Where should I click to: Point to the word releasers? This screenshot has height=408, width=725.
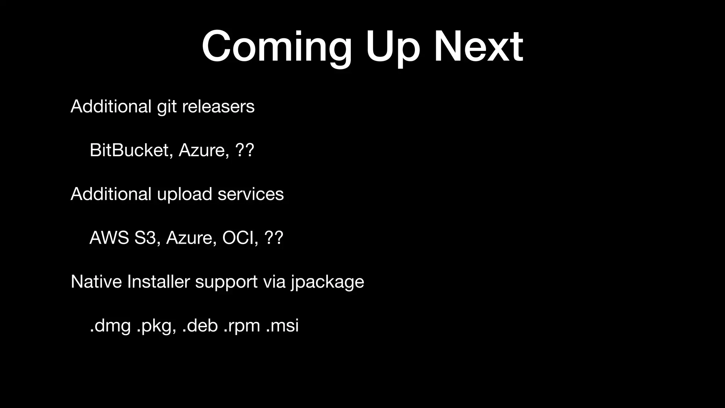pos(218,107)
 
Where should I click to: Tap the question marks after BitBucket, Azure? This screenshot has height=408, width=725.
pos(244,150)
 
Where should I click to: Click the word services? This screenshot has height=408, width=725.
pos(251,194)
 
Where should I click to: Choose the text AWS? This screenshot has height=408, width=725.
pos(109,238)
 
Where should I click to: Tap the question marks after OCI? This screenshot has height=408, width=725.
pos(274,238)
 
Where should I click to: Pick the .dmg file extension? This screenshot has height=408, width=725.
pos(110,326)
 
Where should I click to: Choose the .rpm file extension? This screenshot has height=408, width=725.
pos(242,326)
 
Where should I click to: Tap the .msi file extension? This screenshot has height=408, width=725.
pos(282,326)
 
